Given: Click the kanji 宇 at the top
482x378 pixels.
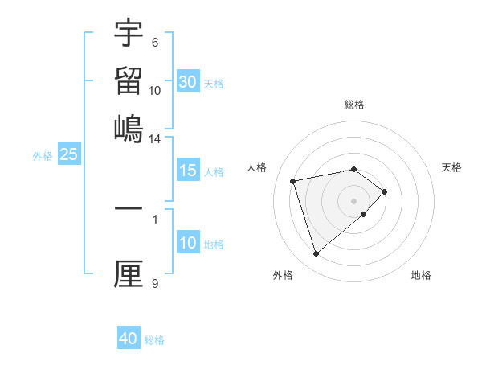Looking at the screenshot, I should point(129,33).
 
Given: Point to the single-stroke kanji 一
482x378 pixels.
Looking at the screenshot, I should point(129,208).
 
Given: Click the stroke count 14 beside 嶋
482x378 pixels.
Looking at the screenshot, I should point(155,138).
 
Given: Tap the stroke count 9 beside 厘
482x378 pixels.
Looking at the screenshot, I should point(155,283).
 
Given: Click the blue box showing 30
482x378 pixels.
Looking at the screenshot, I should point(188,82).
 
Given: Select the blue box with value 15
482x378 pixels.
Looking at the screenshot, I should point(188,171).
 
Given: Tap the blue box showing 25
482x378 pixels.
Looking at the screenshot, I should point(68,154).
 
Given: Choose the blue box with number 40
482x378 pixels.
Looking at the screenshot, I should point(129,339).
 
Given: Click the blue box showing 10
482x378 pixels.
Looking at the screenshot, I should point(188,243).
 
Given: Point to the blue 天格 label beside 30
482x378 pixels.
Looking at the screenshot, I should point(214,84).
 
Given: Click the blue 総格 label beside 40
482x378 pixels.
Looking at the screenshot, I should point(154,340).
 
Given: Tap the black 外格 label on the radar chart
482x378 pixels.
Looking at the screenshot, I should point(283,275).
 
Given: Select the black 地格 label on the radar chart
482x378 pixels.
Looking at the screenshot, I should point(421,275).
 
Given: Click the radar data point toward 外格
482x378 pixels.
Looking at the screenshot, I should point(316,254).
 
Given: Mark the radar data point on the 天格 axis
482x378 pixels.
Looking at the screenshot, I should point(385,191).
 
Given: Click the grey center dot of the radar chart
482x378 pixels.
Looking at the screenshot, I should point(354,200).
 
